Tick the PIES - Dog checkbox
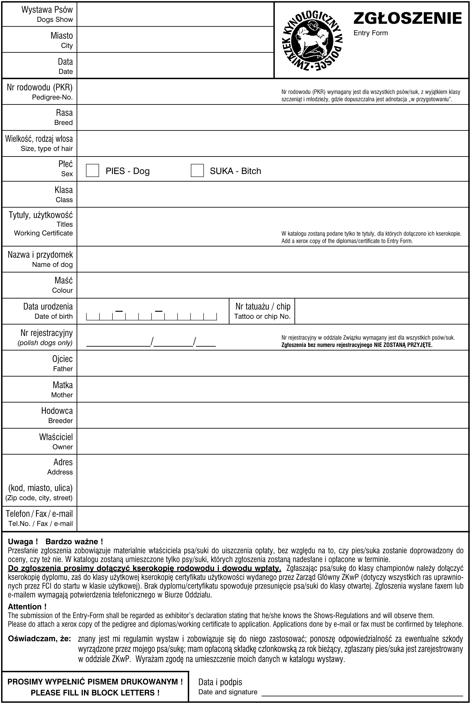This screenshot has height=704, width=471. [x=93, y=170]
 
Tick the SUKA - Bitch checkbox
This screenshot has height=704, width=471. [x=197, y=170]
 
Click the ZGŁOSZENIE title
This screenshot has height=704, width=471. [x=407, y=18]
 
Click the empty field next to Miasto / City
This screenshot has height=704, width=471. [x=175, y=39]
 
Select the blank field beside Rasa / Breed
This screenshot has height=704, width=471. [x=272, y=117]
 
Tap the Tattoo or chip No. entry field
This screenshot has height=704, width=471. [x=382, y=311]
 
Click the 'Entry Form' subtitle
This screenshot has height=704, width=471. [x=370, y=33]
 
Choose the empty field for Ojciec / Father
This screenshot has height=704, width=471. [x=272, y=363]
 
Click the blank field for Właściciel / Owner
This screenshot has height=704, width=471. [x=272, y=441]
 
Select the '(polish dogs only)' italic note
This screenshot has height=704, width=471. [x=45, y=343]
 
